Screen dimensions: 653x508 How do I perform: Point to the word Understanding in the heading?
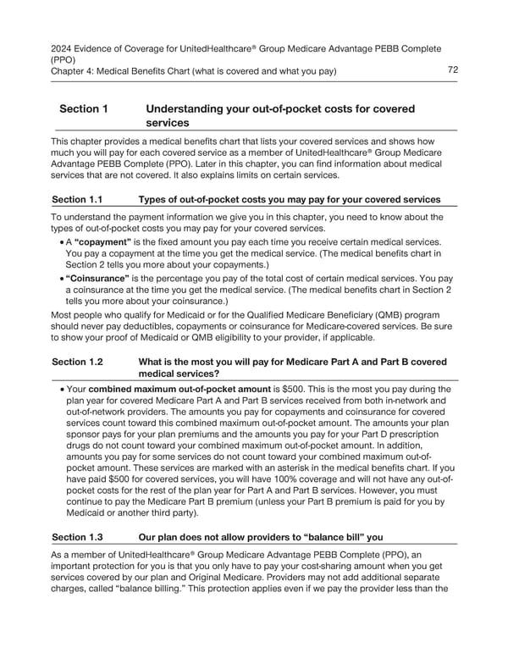coord(189,109)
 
